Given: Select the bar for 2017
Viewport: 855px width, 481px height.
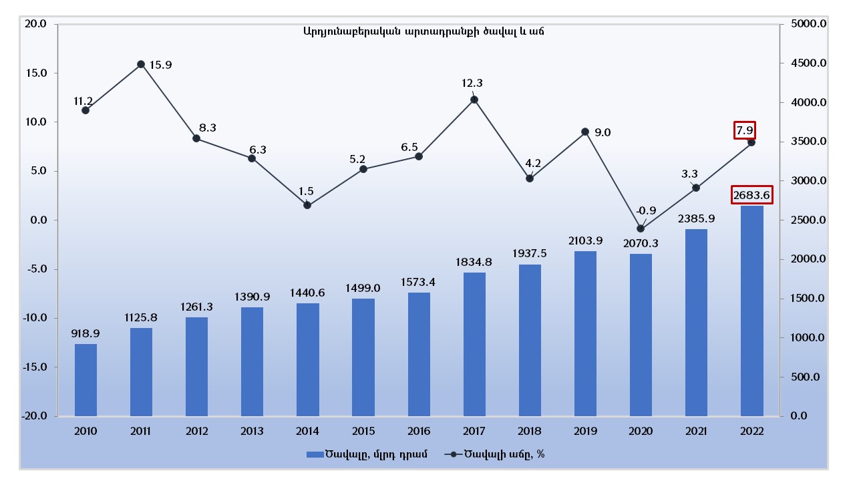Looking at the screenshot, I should (474, 344).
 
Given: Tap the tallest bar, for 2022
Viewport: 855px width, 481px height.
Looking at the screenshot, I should (751, 311).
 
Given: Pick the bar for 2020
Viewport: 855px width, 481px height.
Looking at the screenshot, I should (641, 335).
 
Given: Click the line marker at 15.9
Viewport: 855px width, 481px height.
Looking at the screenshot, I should (141, 65).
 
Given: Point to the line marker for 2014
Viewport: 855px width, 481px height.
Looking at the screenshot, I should (307, 205).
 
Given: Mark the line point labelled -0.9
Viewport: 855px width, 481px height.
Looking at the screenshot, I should (641, 228).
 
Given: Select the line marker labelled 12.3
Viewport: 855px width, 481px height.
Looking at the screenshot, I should (474, 100).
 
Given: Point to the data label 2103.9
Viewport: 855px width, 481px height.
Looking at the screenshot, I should (585, 240).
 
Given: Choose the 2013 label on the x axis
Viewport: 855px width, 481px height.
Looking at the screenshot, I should (252, 432).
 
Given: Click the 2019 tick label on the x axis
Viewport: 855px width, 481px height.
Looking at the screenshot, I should (585, 432).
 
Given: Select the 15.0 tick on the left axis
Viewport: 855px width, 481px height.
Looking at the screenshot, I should (35, 73).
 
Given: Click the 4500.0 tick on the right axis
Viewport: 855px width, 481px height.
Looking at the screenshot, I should (808, 63).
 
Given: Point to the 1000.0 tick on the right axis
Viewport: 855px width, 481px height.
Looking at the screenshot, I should (808, 338).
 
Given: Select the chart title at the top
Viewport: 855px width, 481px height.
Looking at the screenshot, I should (423, 31).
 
